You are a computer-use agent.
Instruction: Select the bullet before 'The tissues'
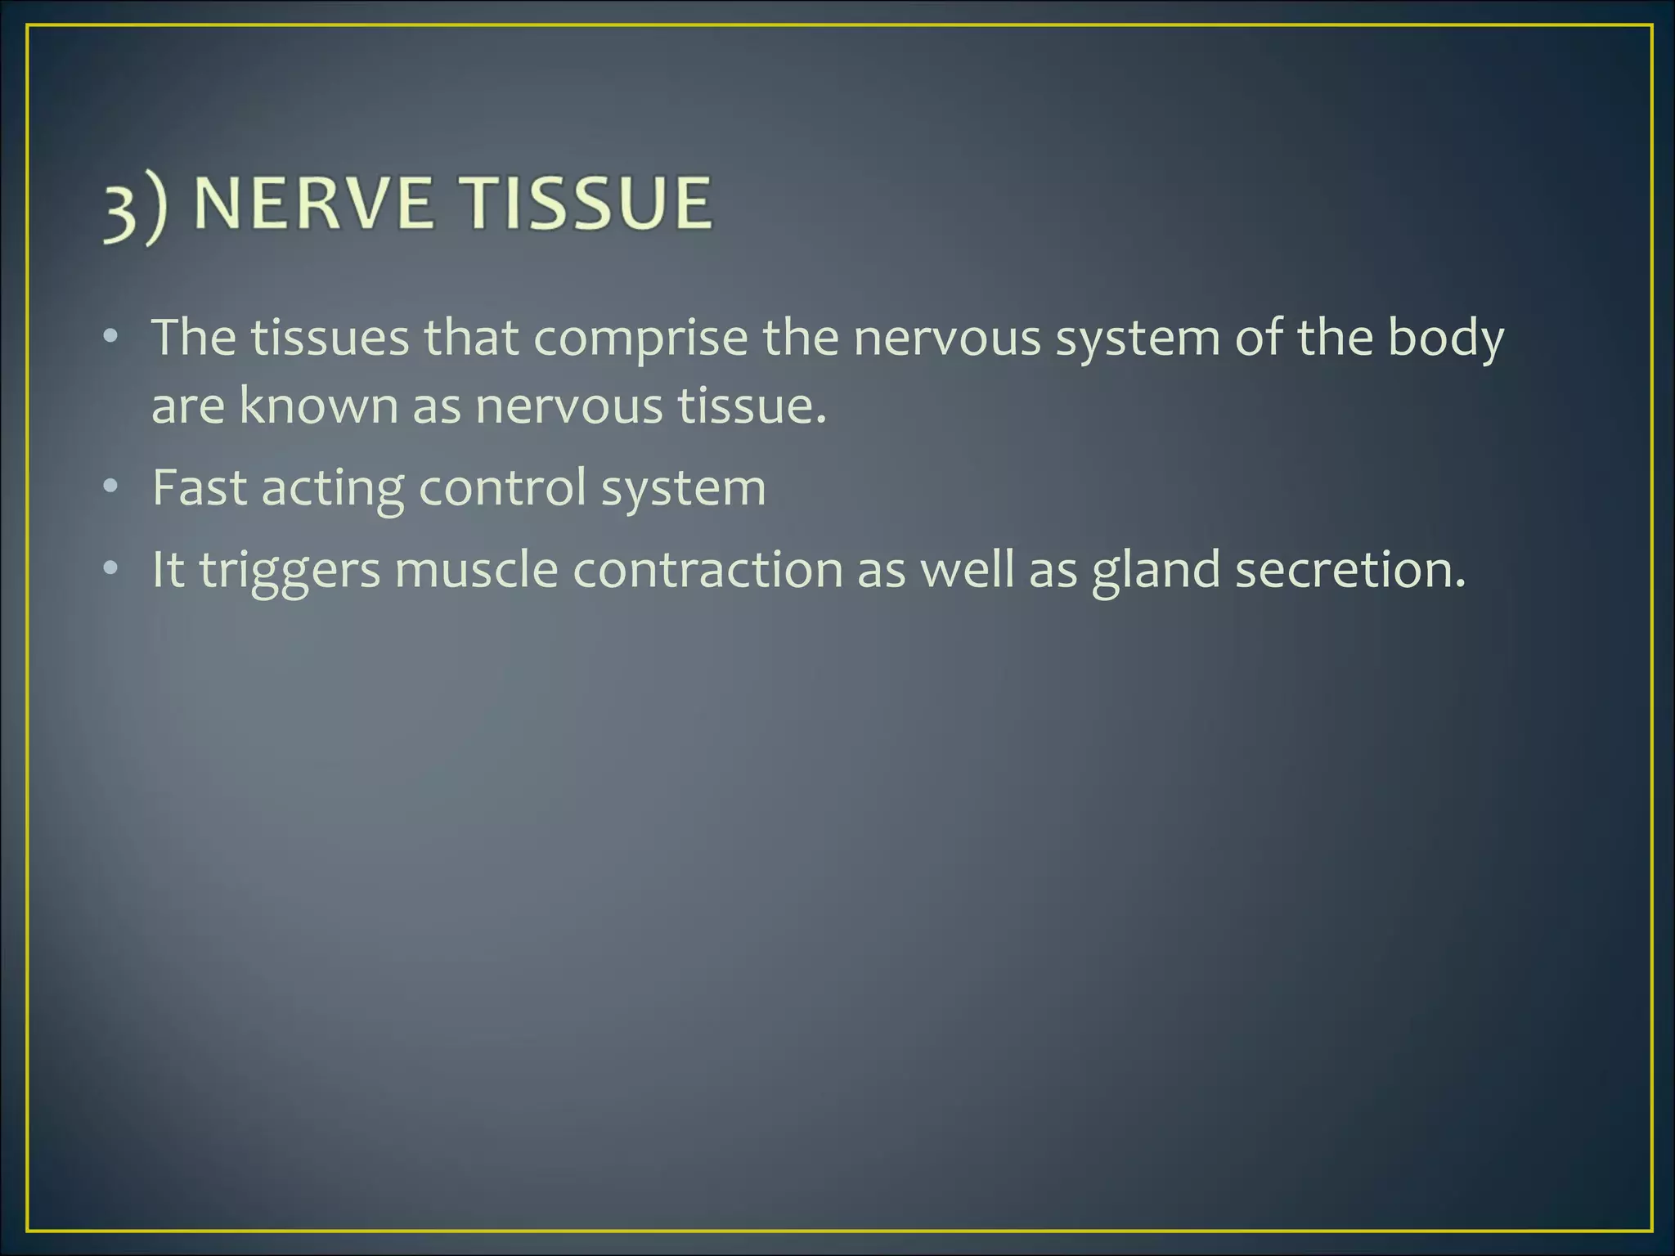[111, 337]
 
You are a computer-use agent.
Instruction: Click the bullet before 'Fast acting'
[111, 487]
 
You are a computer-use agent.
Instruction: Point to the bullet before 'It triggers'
[111, 568]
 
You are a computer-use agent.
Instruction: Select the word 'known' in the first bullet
[318, 406]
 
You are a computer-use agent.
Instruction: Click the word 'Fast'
[199, 488]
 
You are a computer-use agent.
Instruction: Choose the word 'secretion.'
[1350, 569]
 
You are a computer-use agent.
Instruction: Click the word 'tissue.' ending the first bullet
[752, 406]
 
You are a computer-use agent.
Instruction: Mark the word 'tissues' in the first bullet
[329, 339]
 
